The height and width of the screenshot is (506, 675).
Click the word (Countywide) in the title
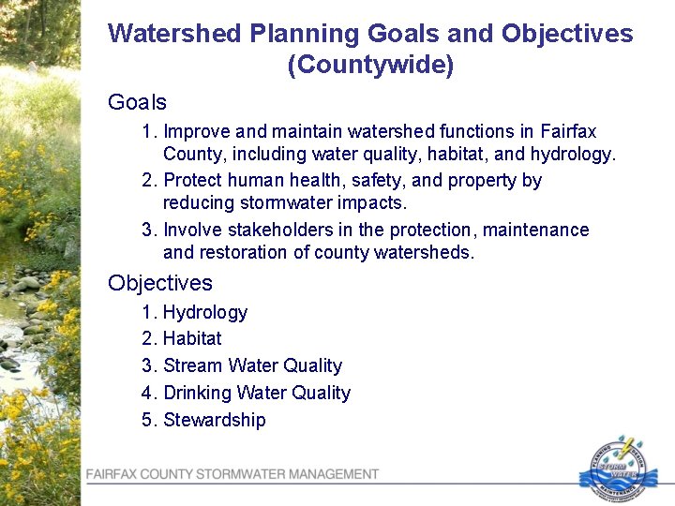pos(370,67)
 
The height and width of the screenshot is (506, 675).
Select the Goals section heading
pos(137,102)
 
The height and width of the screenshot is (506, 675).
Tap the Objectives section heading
pos(160,283)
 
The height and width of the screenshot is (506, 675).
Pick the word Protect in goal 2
pos(196,180)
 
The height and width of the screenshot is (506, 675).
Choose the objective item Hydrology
pos(205,313)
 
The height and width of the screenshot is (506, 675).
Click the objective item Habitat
pos(192,338)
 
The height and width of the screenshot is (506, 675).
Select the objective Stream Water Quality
pos(252,365)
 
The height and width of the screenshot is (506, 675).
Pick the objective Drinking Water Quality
pos(256,393)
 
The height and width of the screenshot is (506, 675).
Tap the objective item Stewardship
pos(214,420)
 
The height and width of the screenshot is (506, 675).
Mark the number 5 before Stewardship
pos(147,420)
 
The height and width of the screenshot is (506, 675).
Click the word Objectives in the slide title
pos(567,35)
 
